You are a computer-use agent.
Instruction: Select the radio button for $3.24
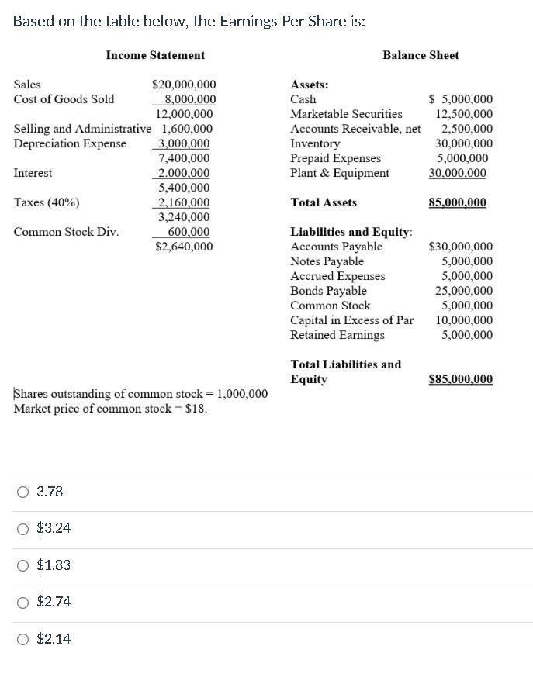coord(23,528)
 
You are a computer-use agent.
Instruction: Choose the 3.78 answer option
coord(23,492)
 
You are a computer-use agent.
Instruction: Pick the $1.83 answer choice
coord(23,565)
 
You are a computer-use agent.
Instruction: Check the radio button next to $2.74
coord(23,602)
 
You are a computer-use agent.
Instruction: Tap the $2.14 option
coord(23,639)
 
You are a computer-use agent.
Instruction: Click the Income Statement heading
coord(155,55)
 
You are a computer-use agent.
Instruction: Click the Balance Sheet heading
coord(421,55)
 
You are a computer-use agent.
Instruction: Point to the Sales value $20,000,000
coord(184,85)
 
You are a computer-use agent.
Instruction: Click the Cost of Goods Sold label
coord(64,99)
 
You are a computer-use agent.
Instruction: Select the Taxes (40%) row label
coord(47,202)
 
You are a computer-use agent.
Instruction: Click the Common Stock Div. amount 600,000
coord(189,232)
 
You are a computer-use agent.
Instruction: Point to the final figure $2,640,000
coord(184,247)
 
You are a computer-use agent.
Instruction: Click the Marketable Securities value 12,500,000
coord(463,114)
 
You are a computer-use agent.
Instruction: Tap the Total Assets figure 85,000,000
coord(457,202)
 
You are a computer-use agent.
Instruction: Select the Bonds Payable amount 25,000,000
coord(463,291)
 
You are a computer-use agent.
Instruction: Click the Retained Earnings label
coord(337,335)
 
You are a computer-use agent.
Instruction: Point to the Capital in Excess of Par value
coord(463,320)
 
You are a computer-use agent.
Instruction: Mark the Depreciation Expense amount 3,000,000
coord(183,143)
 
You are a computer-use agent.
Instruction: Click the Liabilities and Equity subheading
coord(351,232)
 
